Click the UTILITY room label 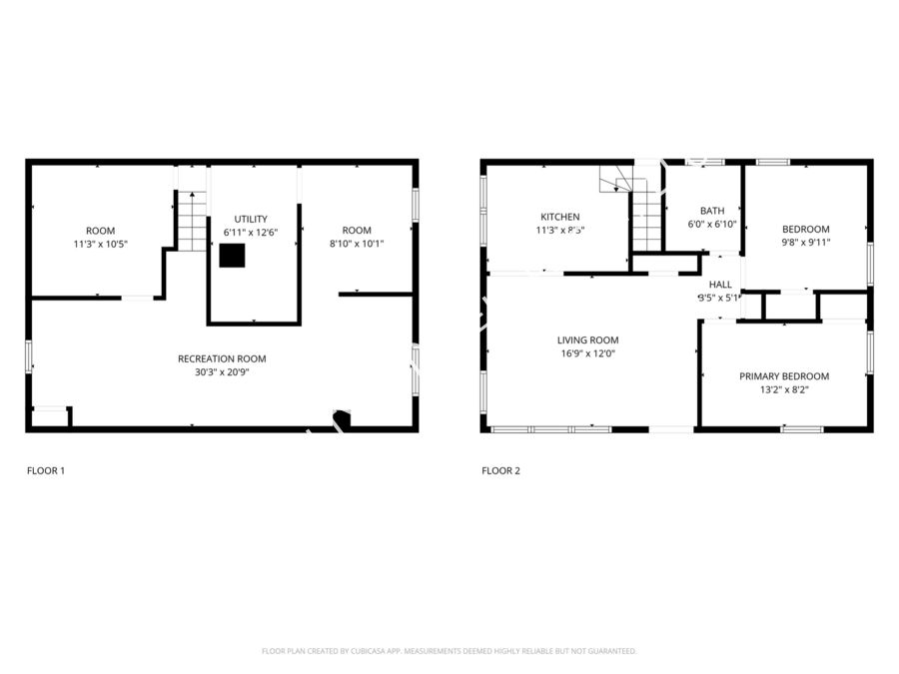[251, 219]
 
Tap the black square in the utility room [233, 256]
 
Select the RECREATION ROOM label [222, 358]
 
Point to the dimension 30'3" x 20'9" [222, 371]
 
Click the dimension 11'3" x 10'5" [100, 244]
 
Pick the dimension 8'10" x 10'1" [357, 244]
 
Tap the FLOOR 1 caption [45, 470]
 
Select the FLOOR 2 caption [500, 470]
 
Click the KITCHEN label [559, 217]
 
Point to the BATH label [712, 211]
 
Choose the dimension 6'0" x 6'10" [712, 225]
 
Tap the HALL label [720, 284]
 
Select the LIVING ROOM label [587, 340]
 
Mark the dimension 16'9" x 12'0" [587, 353]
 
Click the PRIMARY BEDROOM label [784, 376]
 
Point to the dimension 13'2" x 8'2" [784, 389]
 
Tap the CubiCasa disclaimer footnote [449, 651]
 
